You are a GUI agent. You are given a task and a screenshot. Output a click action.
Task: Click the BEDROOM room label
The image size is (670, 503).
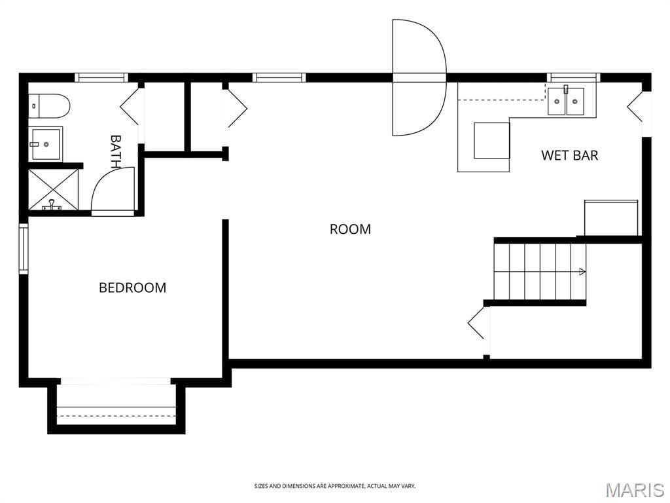click(x=132, y=288)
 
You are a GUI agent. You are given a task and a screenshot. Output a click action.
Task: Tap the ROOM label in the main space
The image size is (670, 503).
click(x=351, y=229)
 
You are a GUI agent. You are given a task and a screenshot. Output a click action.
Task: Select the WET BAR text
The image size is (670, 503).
click(x=570, y=155)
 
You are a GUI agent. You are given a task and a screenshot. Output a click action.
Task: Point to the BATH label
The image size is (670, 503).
click(x=116, y=151)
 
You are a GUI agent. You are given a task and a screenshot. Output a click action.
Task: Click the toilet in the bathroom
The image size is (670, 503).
click(x=49, y=106)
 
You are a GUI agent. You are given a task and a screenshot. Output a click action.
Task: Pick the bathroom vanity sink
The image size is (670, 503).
click(x=46, y=144)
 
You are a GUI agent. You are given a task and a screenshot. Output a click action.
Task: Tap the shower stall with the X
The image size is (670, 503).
click(x=54, y=189)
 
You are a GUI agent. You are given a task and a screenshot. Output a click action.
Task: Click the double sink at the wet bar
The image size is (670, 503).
click(x=566, y=101)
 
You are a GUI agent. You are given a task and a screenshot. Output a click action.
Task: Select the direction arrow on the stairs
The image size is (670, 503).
click(x=582, y=271)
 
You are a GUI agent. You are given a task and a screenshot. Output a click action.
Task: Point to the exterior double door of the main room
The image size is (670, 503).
click(x=419, y=77)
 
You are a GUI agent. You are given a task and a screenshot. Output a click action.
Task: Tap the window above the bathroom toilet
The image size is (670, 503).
click(x=101, y=77)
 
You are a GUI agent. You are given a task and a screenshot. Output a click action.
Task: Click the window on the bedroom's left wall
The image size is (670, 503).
click(x=24, y=248)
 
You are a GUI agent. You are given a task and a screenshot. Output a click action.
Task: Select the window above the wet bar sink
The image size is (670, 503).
click(x=574, y=77)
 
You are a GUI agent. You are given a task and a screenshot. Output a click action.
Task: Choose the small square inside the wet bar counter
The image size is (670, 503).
click(x=491, y=140)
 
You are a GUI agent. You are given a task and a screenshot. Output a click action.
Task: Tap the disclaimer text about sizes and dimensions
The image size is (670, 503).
click(x=335, y=486)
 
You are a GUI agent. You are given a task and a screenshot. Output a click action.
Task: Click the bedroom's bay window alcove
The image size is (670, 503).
click(x=116, y=405)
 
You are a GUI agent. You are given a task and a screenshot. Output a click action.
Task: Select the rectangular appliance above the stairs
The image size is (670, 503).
click(x=611, y=217)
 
